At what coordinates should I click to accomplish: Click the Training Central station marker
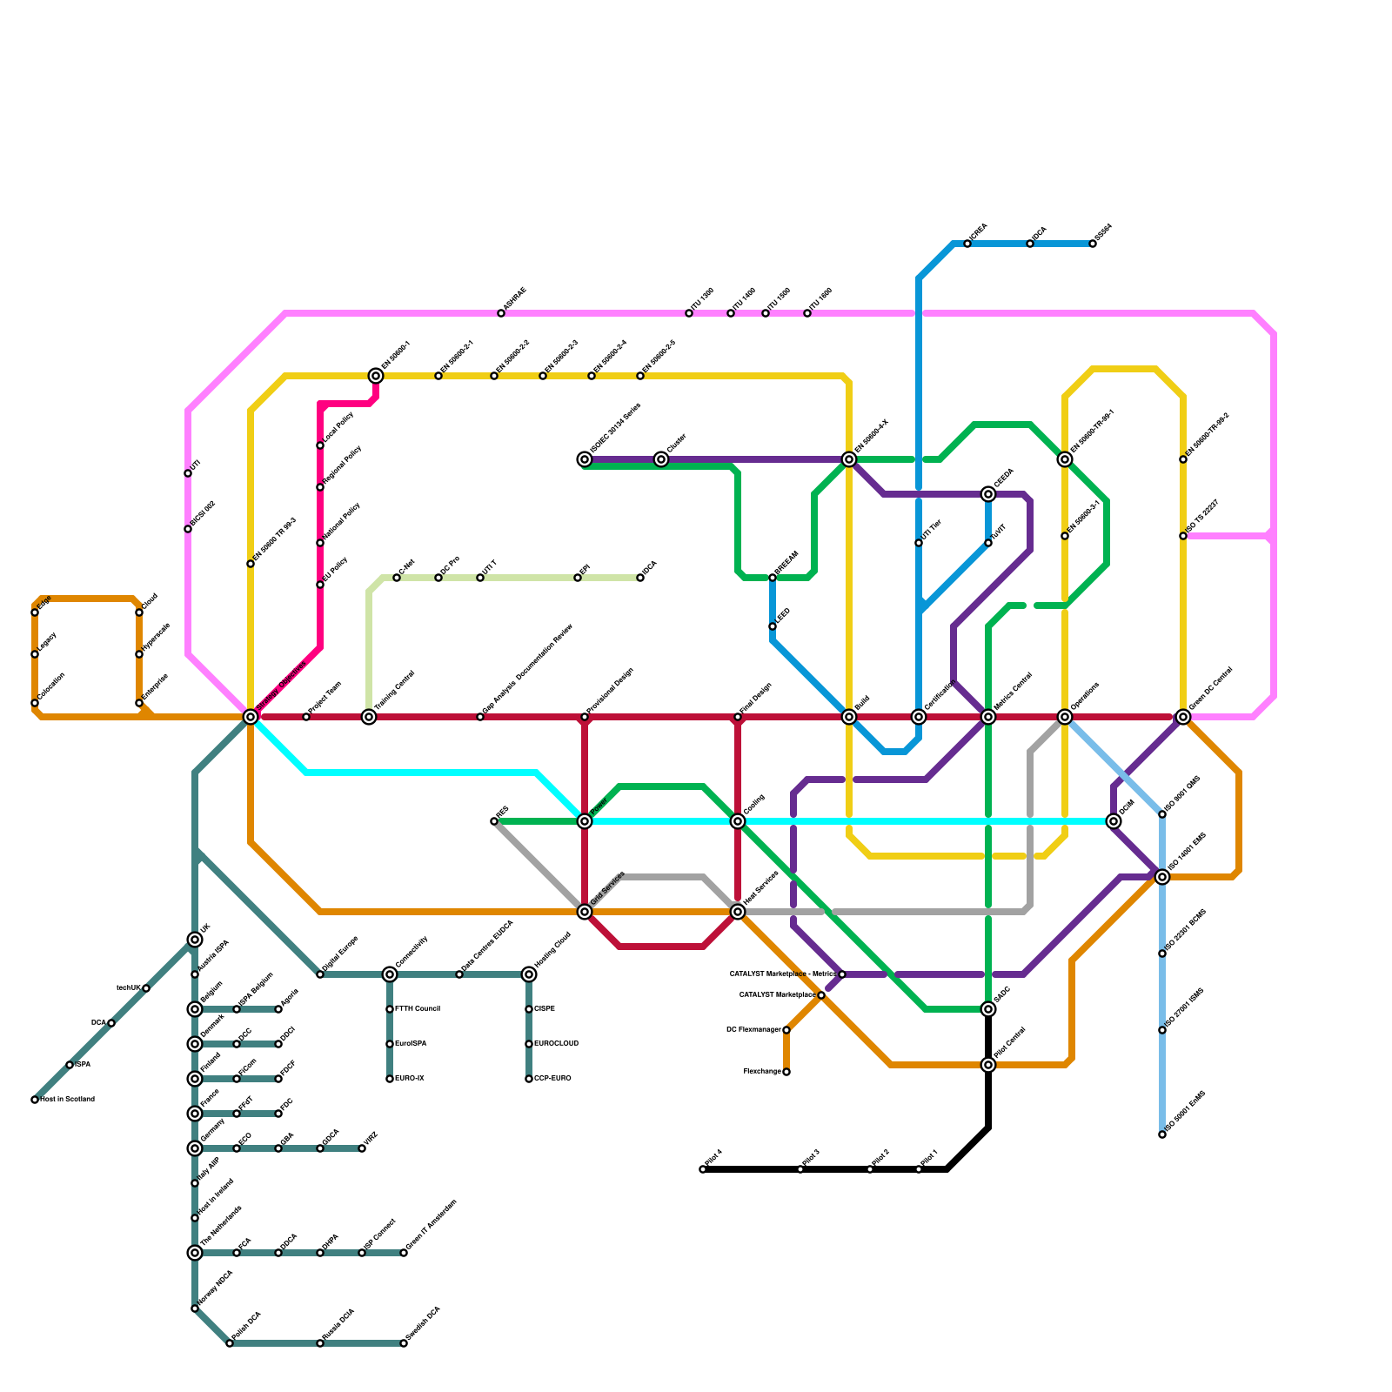[369, 717]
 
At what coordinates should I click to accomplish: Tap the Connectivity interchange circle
[390, 974]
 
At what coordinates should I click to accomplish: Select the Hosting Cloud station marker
[529, 974]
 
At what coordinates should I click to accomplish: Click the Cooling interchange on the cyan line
[738, 821]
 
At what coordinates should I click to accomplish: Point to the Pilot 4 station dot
[703, 1169]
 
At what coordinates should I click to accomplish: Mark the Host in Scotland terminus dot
[35, 1100]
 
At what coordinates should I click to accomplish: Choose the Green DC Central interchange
[1183, 717]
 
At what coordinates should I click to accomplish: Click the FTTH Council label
[418, 1009]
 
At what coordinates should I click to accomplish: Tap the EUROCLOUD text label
[557, 1044]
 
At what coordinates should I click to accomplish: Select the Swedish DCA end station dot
[404, 1343]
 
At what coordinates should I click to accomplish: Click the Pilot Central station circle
[988, 1065]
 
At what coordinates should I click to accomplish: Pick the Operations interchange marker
[1065, 717]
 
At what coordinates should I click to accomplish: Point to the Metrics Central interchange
[988, 717]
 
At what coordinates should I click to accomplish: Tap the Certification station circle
[919, 717]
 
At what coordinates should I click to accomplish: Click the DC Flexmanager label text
[753, 1030]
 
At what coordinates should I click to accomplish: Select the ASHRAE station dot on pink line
[501, 313]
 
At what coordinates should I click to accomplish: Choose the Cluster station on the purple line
[661, 459]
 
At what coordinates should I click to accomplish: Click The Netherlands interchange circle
[195, 1253]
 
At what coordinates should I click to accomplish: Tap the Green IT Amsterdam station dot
[404, 1253]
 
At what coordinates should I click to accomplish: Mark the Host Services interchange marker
[738, 912]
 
